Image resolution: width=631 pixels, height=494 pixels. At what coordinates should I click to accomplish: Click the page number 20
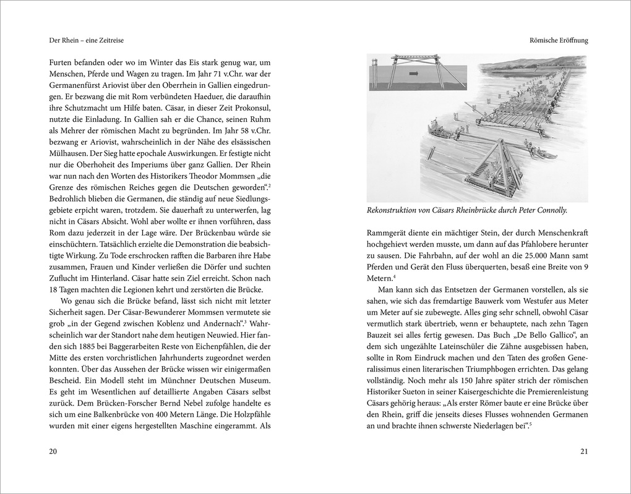tap(53, 451)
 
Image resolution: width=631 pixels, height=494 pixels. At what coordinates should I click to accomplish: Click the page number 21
tap(583, 451)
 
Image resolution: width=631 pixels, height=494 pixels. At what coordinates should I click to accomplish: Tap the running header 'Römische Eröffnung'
tap(554, 40)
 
